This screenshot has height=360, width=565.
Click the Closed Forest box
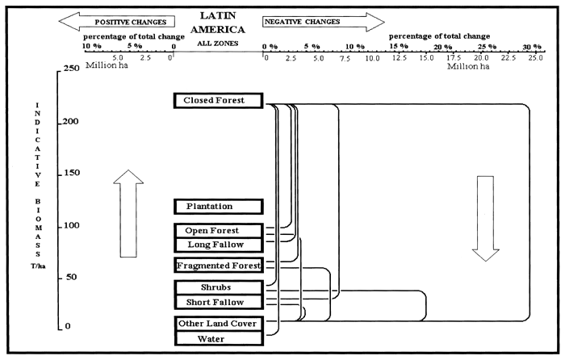tap(220, 100)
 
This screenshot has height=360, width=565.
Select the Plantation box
tap(220, 207)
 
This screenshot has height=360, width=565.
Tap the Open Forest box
tap(220, 231)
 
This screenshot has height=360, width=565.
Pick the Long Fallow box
tap(220, 245)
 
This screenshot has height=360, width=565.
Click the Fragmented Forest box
tap(220, 265)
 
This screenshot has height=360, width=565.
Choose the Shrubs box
tap(220, 287)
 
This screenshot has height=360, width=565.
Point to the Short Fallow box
tap(220, 302)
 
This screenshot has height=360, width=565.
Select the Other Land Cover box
tap(220, 324)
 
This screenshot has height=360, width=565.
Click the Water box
tap(220, 339)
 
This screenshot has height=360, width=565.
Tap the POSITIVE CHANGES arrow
tap(121, 21)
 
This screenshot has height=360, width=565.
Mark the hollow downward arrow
tap(485, 218)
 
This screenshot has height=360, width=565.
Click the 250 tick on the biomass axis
tap(72, 69)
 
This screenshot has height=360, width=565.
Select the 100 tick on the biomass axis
tap(72, 224)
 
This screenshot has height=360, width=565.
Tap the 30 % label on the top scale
tap(530, 47)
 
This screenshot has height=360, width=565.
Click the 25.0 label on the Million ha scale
tap(534, 58)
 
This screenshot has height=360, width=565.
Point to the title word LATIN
tap(212, 15)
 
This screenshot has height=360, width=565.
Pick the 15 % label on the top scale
tap(399, 47)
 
